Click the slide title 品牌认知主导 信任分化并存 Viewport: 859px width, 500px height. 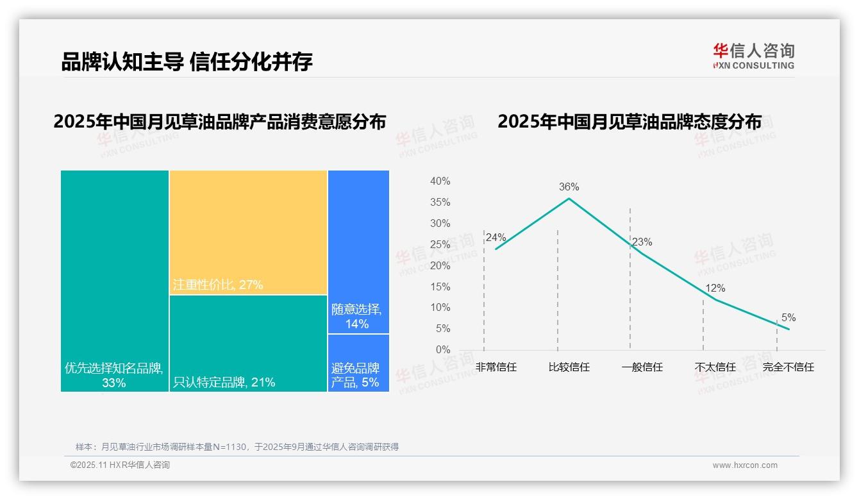tap(187, 62)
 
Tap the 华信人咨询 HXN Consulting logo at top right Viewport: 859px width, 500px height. tap(753, 56)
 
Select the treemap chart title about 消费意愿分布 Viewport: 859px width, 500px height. tap(220, 121)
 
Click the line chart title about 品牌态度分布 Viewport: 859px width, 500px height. tap(629, 121)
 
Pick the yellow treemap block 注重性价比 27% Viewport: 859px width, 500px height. tap(248, 232)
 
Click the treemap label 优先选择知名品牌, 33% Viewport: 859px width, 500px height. tap(114, 375)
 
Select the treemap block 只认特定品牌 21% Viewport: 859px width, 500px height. tap(248, 344)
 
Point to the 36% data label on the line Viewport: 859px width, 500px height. tap(569, 187)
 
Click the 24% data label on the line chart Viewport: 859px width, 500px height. tap(496, 238)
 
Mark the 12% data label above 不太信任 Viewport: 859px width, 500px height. tap(715, 288)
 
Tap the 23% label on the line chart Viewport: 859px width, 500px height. tap(642, 242)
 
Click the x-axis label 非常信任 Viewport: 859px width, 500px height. tap(496, 367)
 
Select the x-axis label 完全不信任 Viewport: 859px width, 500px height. tap(788, 367)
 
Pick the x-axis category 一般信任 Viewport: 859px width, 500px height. tap(642, 367)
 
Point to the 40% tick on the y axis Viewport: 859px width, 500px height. tap(440, 181)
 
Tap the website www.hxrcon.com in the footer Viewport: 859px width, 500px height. tap(744, 465)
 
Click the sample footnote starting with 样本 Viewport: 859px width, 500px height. tap(237, 447)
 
